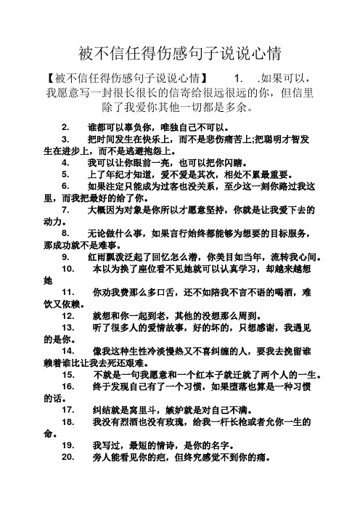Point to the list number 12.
point(69,317)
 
